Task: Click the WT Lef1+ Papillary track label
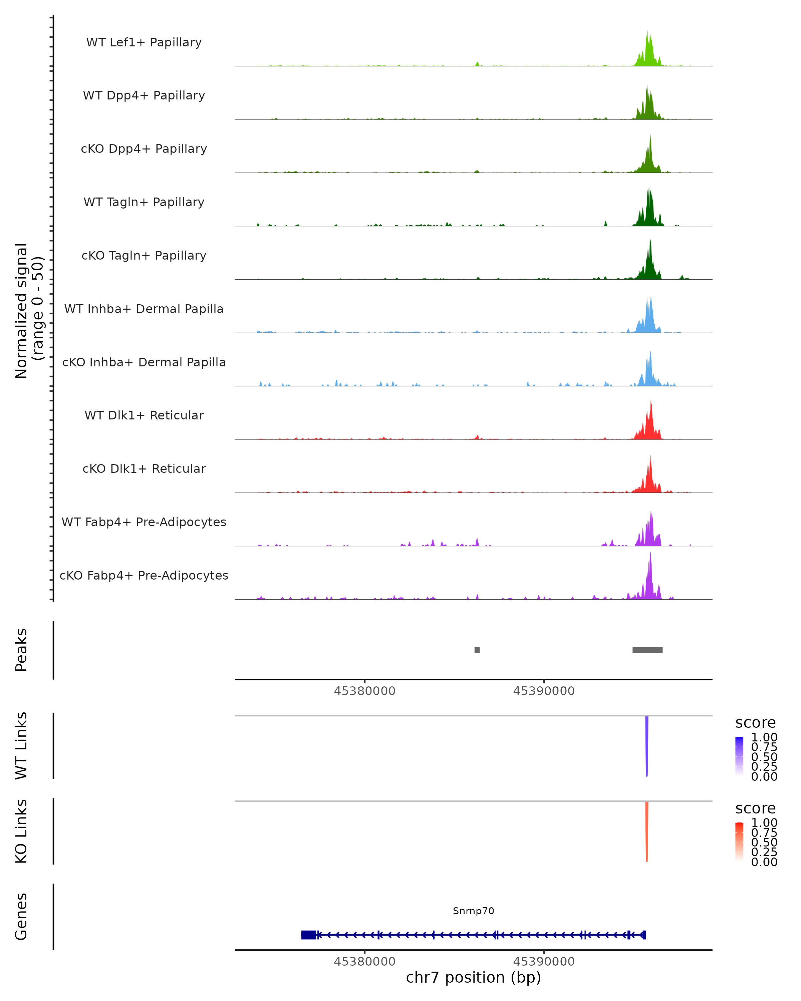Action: pyautogui.click(x=144, y=42)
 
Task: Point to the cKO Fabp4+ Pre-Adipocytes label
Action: pyautogui.click(x=144, y=575)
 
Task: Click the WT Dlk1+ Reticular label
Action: pyautogui.click(x=144, y=415)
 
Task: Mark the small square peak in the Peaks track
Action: pyautogui.click(x=477, y=650)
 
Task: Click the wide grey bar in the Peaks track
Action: pyautogui.click(x=647, y=650)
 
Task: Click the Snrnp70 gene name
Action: pyautogui.click(x=473, y=911)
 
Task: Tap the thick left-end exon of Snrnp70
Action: pyautogui.click(x=308, y=935)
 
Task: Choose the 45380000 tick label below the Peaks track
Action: pyautogui.click(x=364, y=691)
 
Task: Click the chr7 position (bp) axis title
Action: pyautogui.click(x=473, y=978)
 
